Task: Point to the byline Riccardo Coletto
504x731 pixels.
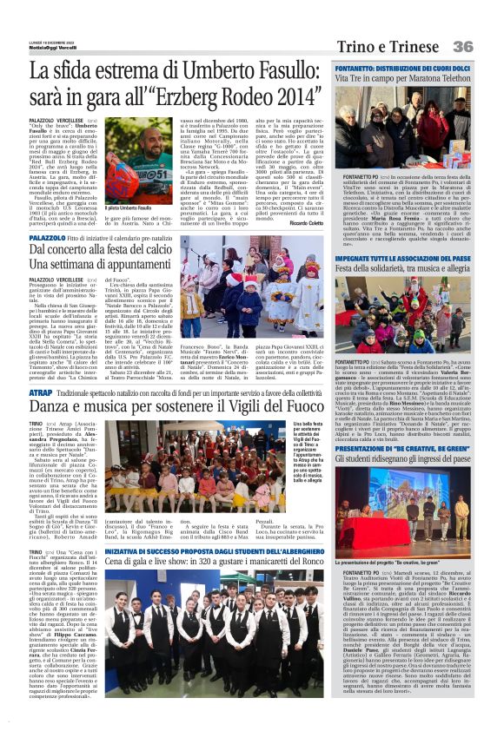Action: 303,221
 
